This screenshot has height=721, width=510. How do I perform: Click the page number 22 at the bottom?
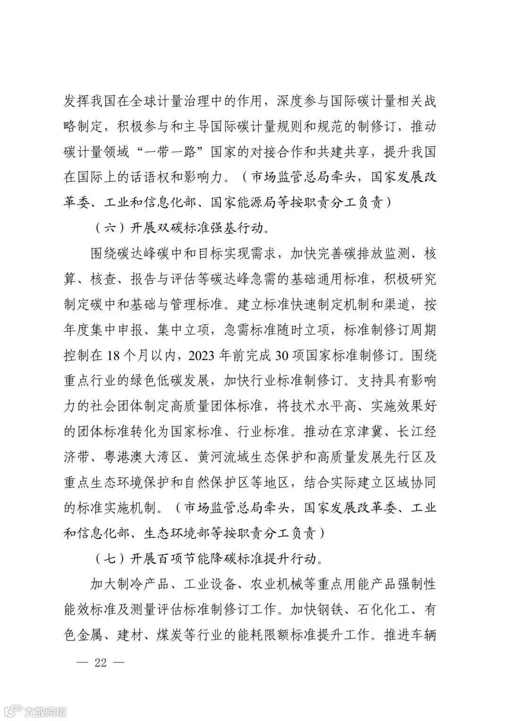pos(101,662)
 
